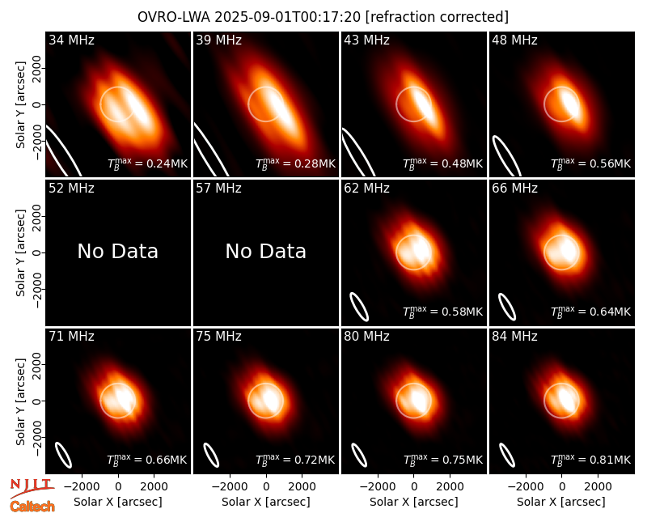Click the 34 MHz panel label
[x=71, y=40]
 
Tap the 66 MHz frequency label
[x=514, y=189]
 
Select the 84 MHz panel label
[x=514, y=337]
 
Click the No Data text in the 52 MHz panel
[x=118, y=251]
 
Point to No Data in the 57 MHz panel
[x=266, y=251]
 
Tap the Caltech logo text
[x=32, y=507]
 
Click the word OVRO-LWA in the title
[x=174, y=17]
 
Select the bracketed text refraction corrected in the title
[x=438, y=17]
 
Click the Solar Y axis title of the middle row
[x=20, y=252]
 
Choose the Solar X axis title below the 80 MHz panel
[x=414, y=502]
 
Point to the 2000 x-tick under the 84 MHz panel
[x=598, y=487]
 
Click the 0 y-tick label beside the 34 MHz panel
[x=38, y=104]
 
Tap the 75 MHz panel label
[x=218, y=337]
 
